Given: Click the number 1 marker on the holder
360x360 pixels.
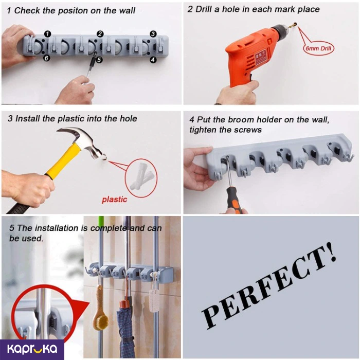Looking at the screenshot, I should point(47,33).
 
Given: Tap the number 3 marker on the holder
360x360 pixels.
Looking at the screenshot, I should point(153,33).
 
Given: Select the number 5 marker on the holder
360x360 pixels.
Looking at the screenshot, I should point(99,60).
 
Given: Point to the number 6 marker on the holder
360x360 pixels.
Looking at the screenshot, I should point(46,59).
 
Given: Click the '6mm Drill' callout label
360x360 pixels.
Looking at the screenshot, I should point(318,49).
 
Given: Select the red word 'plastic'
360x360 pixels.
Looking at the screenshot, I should point(114,199).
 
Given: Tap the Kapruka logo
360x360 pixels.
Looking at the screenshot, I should point(32,349).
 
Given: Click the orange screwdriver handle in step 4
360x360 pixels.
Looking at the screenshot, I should point(234,204).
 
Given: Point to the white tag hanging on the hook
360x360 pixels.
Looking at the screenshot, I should point(154,298).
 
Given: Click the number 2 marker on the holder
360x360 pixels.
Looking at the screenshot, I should point(100,33).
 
